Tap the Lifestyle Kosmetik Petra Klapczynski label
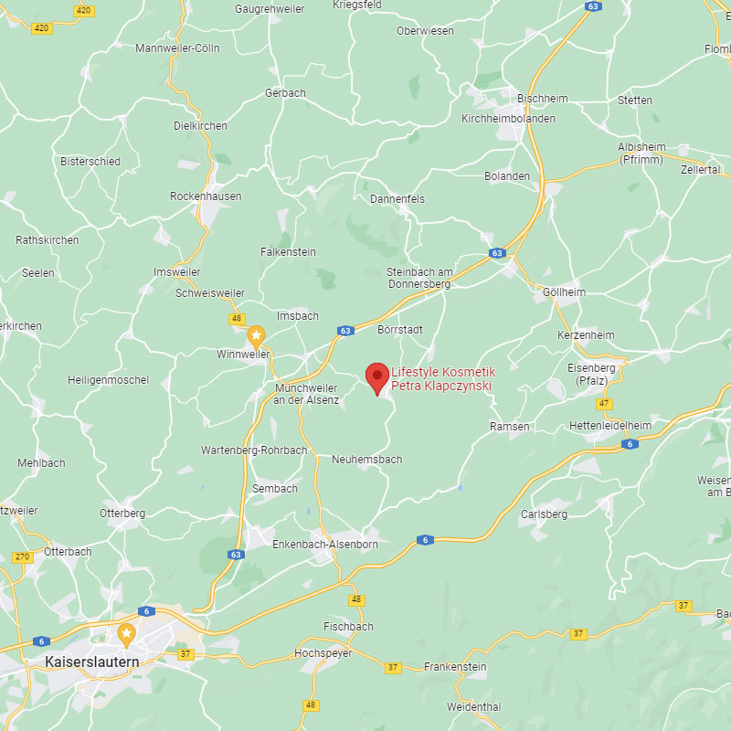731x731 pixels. pyautogui.click(x=442, y=379)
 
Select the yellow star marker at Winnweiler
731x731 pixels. pyautogui.click(x=256, y=336)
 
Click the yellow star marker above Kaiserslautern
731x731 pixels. pyautogui.click(x=127, y=632)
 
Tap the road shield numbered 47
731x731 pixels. pyautogui.click(x=604, y=403)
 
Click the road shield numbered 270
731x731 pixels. pyautogui.click(x=23, y=556)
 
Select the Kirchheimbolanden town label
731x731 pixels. pyautogui.click(x=508, y=119)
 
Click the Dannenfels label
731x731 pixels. pyautogui.click(x=397, y=199)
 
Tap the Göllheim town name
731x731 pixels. pyautogui.click(x=564, y=292)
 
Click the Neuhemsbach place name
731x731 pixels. pyautogui.click(x=366, y=460)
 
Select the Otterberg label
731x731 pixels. pyautogui.click(x=122, y=514)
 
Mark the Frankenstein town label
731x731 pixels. pyautogui.click(x=455, y=667)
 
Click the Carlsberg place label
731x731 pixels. pyautogui.click(x=544, y=514)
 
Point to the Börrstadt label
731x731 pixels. pyautogui.click(x=400, y=329)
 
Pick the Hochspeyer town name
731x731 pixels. pyautogui.click(x=323, y=653)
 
